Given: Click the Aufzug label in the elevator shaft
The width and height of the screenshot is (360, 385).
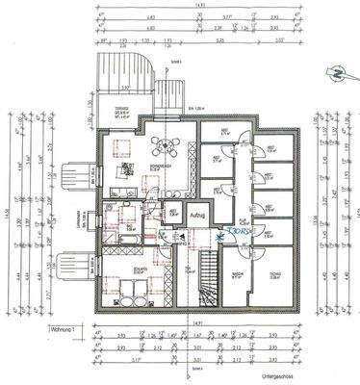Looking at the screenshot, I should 198,216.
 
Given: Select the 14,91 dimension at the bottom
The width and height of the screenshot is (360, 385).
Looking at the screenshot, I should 196,323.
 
